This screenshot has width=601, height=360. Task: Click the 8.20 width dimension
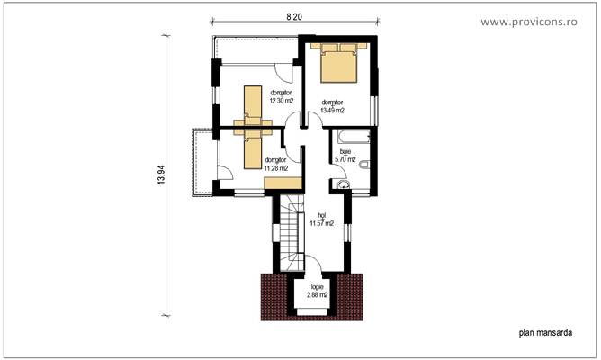coord(294,16)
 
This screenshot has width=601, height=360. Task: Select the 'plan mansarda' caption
coord(545,331)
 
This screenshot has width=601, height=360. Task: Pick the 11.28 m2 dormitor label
coord(276,164)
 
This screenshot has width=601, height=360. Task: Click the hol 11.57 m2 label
coord(322,220)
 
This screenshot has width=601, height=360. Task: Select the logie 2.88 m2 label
coord(318,292)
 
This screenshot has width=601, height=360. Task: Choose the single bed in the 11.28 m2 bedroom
coord(252,148)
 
